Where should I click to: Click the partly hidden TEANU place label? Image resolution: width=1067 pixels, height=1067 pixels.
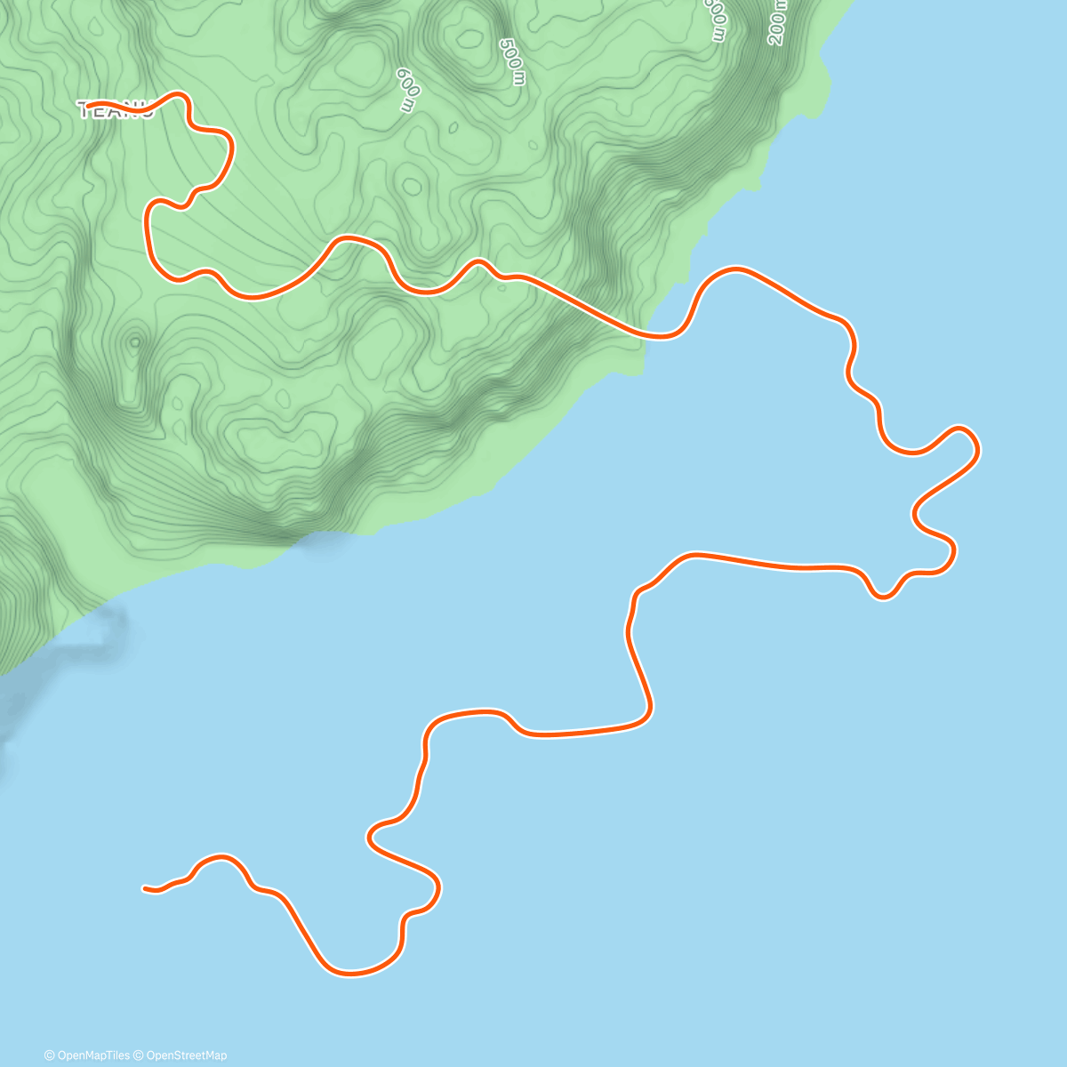point(116,110)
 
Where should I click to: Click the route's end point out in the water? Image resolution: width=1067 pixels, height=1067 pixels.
point(145,887)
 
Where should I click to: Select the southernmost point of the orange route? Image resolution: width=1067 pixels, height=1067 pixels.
point(351,973)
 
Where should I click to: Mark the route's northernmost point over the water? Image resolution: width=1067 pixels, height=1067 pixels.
point(734,269)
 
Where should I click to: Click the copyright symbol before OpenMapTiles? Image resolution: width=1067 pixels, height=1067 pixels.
point(50,1055)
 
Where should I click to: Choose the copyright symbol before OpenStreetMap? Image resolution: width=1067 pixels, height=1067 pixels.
point(138,1055)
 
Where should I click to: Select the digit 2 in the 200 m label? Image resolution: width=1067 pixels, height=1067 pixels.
point(774,38)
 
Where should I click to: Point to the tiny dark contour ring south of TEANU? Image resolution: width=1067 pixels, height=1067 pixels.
point(134,341)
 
